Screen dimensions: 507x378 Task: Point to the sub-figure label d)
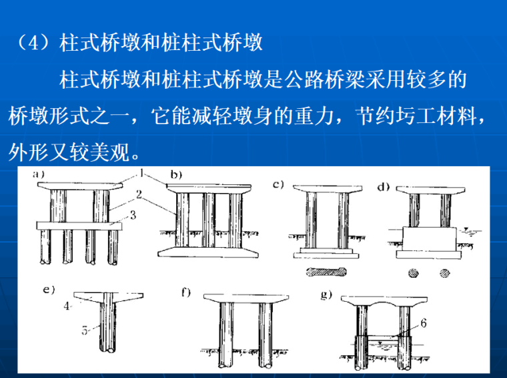point(383,187)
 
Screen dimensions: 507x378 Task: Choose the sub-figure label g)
point(326,295)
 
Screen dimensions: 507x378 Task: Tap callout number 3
point(134,214)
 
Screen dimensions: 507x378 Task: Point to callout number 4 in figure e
point(67,307)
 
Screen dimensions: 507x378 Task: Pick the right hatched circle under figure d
point(444,272)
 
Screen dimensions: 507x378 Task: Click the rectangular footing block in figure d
point(428,238)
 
